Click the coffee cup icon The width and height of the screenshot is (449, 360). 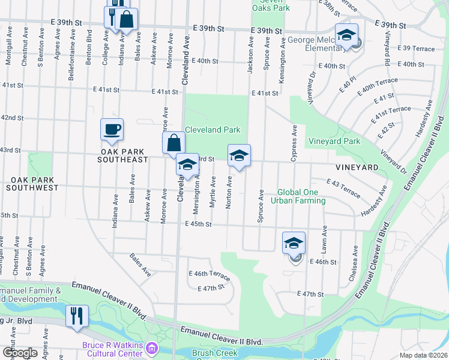tap(112, 130)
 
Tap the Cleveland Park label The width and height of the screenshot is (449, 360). tap(212, 130)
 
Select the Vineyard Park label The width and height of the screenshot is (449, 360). tap(334, 142)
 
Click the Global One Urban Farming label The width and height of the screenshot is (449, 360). tap(301, 197)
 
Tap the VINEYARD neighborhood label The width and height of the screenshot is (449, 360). tap(357, 167)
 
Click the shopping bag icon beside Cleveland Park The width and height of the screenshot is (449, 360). tap(173, 143)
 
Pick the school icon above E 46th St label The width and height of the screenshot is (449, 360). tap(294, 242)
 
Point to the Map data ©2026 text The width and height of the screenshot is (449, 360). tap(424, 355)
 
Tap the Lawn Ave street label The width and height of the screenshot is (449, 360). tap(324, 239)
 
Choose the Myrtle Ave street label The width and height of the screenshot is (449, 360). tap(212, 192)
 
